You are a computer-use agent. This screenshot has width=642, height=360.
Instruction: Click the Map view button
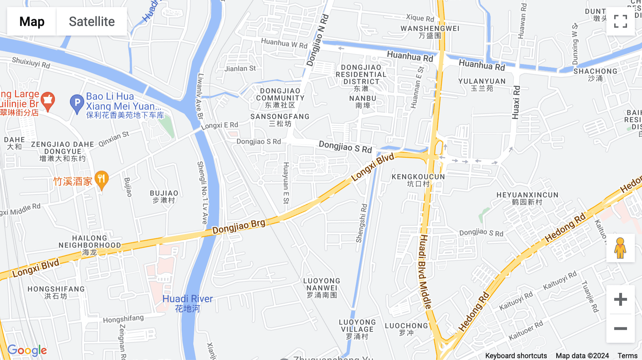[x=32, y=21]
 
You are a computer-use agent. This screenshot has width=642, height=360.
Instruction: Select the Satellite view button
[x=92, y=21]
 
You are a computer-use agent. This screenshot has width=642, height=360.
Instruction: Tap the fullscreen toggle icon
[x=620, y=21]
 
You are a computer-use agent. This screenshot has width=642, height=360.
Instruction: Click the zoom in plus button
[x=620, y=299]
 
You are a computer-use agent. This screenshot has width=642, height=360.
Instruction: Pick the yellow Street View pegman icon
[x=620, y=248]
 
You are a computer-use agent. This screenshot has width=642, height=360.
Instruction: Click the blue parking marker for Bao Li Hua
[x=77, y=103]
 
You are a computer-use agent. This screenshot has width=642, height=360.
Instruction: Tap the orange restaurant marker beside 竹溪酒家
[x=102, y=179]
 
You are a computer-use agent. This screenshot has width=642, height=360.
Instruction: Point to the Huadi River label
[x=187, y=303]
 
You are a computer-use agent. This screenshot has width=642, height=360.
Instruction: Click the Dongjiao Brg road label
[x=239, y=227]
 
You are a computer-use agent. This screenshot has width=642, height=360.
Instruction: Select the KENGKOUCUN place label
[x=418, y=180]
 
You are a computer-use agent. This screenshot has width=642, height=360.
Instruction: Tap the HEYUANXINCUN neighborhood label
[x=527, y=198]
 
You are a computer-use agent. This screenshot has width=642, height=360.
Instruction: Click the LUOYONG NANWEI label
[x=322, y=288]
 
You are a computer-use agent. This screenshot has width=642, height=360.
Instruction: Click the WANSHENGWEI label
[x=430, y=32]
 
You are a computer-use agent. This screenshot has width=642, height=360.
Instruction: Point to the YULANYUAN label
[x=482, y=84]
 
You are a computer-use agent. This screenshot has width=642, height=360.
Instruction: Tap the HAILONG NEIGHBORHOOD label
[x=90, y=245]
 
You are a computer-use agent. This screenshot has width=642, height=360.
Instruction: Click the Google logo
[x=27, y=350]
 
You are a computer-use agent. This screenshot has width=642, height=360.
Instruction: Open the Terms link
[x=627, y=355]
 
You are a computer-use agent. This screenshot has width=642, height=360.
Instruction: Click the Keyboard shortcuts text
[x=516, y=355]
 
